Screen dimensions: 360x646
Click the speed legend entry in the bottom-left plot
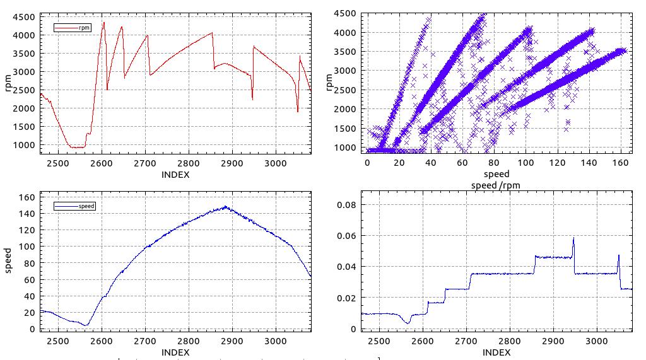[x=74, y=206]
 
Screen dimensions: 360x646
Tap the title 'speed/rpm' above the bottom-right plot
[x=496, y=185]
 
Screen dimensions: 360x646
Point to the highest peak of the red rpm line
[x=104, y=23]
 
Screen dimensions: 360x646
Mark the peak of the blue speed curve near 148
[x=224, y=206]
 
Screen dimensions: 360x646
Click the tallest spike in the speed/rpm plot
[x=573, y=238]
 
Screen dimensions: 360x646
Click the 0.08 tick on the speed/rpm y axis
[x=346, y=205]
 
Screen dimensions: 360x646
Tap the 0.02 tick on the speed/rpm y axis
[x=346, y=298]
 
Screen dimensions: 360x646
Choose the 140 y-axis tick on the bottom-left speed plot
[x=25, y=213]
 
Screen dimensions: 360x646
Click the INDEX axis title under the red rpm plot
[x=175, y=175]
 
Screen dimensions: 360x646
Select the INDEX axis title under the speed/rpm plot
[x=496, y=352]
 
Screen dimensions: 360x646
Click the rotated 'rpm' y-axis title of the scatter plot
[x=329, y=82]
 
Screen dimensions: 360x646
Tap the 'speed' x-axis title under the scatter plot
[x=496, y=173]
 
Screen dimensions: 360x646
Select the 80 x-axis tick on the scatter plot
[x=494, y=162]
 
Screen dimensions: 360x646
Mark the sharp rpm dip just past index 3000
[x=298, y=112]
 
